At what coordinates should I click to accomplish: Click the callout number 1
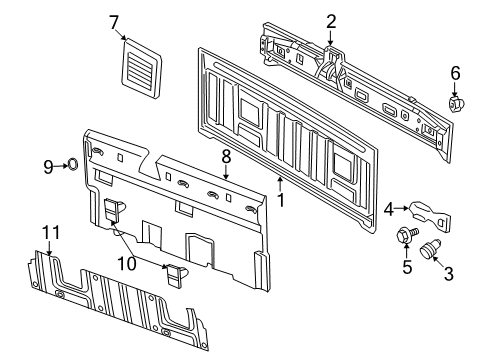281,198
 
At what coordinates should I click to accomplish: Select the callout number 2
330,20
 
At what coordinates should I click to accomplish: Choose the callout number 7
114,21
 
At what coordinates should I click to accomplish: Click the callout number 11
44,232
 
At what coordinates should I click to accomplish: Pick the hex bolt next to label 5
408,238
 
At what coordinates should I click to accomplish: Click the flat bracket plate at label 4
434,213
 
